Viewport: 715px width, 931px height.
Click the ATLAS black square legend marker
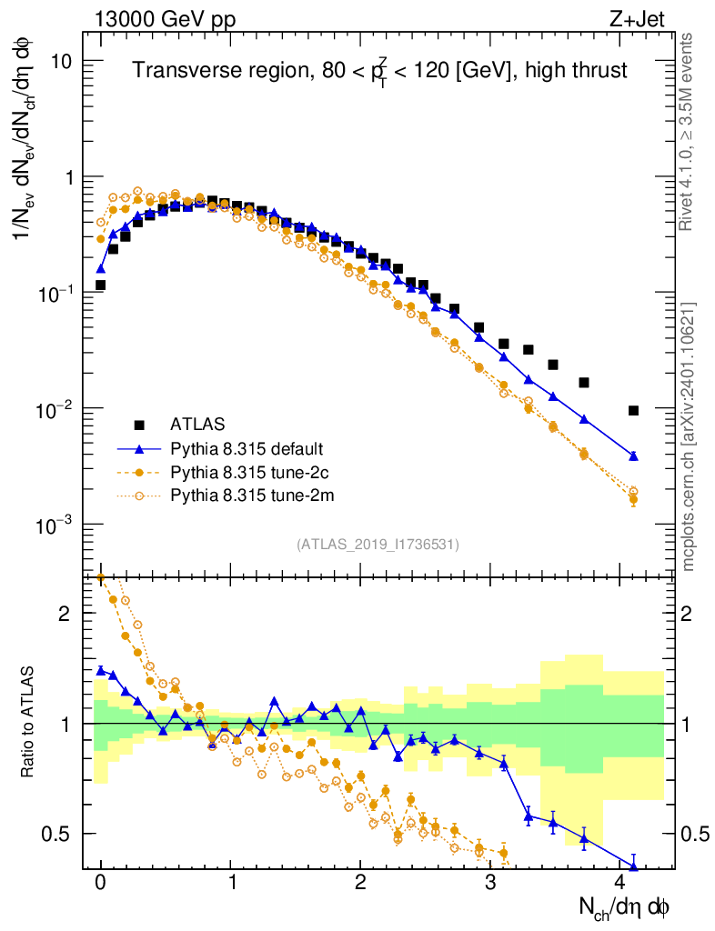click(139, 424)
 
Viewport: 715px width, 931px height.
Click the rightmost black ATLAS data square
click(633, 410)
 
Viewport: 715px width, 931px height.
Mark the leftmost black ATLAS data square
click(100, 285)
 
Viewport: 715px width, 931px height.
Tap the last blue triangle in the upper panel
click(633, 455)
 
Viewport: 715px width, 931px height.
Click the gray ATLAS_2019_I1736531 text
click(378, 545)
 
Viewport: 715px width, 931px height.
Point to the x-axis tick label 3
click(490, 883)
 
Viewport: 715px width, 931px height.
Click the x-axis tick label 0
click(100, 883)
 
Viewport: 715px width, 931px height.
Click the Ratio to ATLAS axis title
click(30, 723)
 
